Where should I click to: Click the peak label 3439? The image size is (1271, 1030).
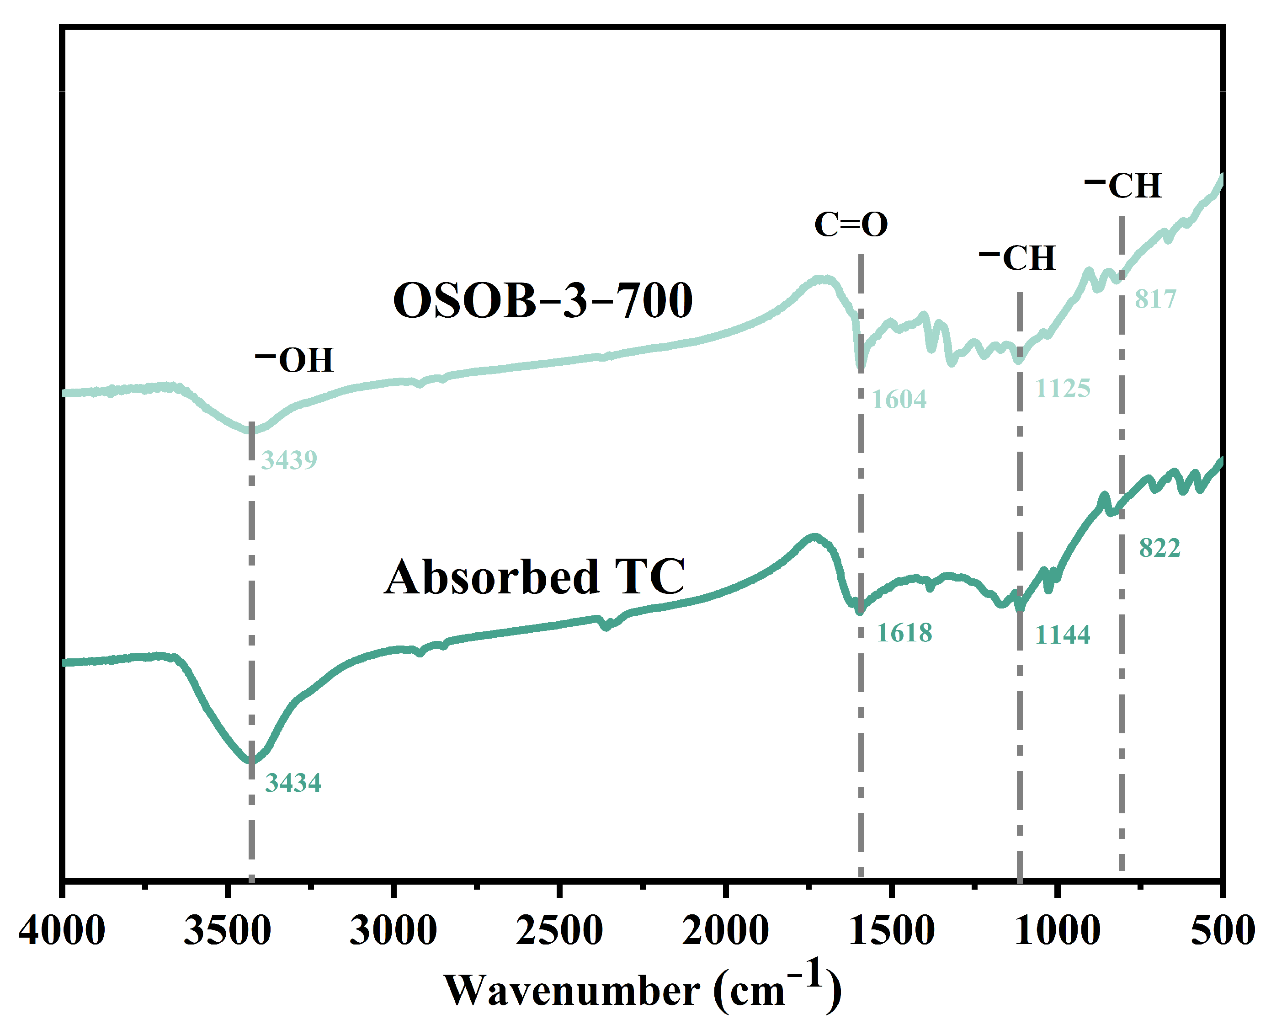(289, 460)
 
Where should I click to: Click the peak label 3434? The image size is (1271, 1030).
(293, 783)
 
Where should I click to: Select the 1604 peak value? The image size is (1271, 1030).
(899, 400)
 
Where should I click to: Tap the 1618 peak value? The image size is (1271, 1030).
(904, 633)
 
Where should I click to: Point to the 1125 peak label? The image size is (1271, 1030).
(1063, 389)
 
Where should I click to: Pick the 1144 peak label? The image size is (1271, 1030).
(1063, 635)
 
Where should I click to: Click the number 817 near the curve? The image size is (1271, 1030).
(1155, 299)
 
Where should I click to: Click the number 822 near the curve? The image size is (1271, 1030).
(1159, 548)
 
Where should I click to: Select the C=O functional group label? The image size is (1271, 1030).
(851, 225)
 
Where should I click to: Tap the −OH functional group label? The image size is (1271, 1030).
(295, 360)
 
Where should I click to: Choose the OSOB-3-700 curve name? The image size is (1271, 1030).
(542, 301)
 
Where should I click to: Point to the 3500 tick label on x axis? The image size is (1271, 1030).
(227, 931)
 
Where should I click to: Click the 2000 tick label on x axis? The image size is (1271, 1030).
(725, 931)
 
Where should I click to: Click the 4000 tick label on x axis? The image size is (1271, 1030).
(62, 931)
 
